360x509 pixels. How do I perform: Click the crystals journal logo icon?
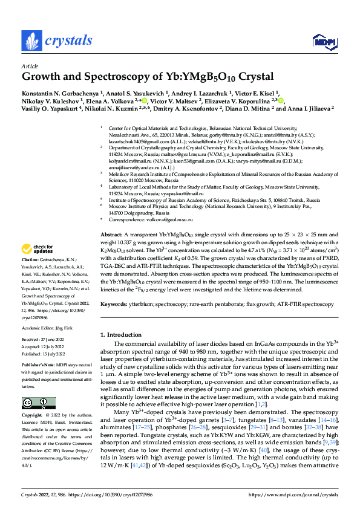coord(30,41)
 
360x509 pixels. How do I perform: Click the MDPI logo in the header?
coord(322,41)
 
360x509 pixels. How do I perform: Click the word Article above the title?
coord(30,66)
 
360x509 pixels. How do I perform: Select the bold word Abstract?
coord(111,234)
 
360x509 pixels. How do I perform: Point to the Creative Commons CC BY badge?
coord(34,403)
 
